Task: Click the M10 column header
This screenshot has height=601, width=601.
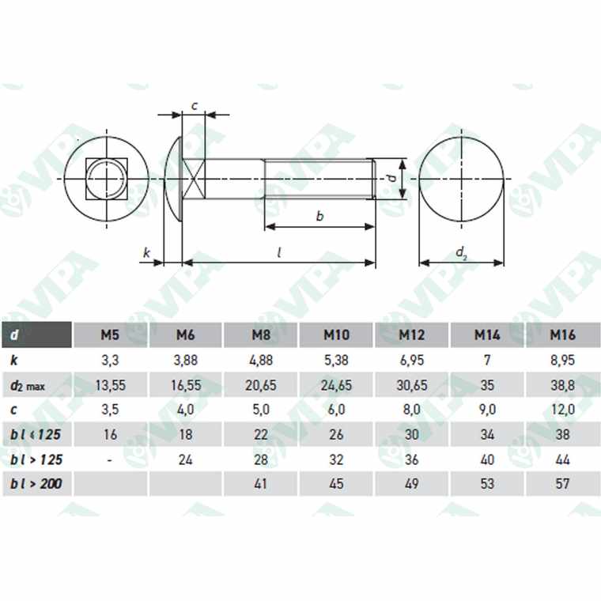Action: point(336,335)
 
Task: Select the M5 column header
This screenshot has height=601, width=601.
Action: point(110,335)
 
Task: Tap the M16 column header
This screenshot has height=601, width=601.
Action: point(562,335)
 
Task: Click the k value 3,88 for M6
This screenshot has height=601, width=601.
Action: point(185,361)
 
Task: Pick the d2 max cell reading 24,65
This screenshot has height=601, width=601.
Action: point(336,386)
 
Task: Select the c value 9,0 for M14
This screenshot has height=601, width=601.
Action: point(486,410)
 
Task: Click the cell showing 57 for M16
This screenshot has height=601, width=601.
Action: point(562,483)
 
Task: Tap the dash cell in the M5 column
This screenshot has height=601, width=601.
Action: point(110,459)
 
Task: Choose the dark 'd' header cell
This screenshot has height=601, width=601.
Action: point(36,335)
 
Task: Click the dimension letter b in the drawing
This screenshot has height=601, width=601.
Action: point(319,215)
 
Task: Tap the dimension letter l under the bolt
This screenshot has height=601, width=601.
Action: point(280,252)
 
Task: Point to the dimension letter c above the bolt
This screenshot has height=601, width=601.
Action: point(194,105)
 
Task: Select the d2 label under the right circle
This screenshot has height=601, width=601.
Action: point(462,252)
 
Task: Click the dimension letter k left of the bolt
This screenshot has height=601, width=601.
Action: point(146,253)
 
